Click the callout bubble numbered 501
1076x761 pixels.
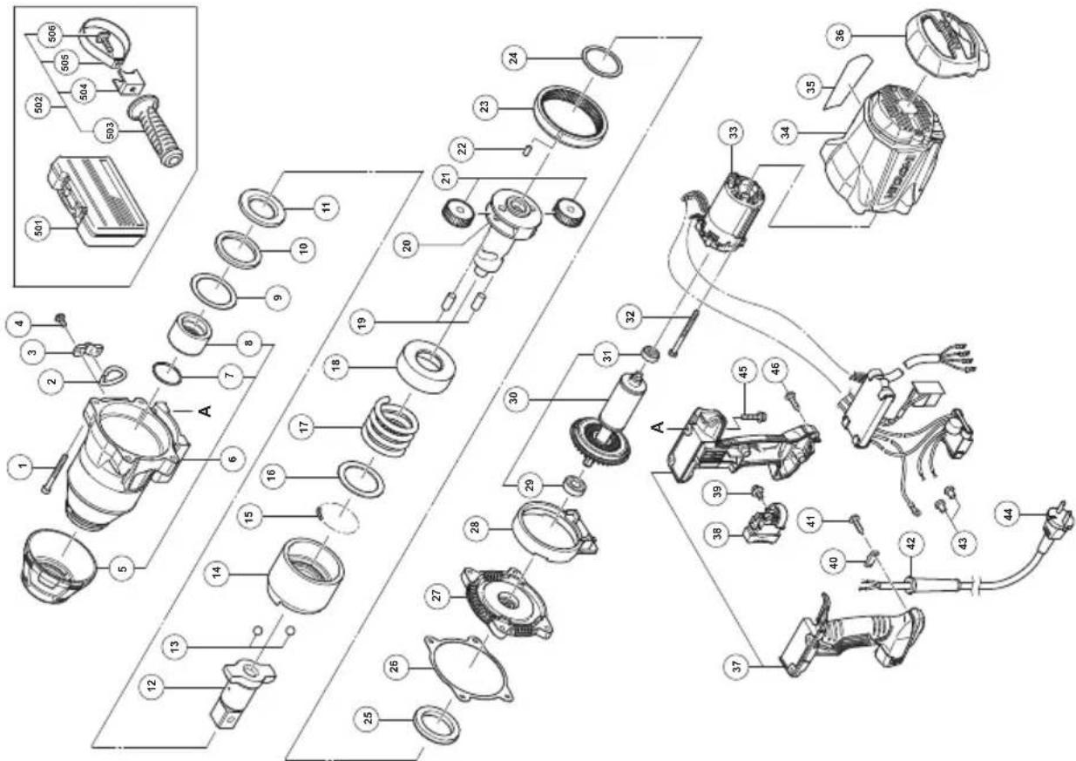tap(39, 228)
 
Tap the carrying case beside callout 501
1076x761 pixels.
tap(98, 202)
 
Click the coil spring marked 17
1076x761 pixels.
tap(390, 427)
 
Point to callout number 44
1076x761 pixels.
tap(1009, 514)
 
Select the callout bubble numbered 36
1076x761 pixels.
tap(840, 36)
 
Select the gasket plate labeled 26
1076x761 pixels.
tap(469, 669)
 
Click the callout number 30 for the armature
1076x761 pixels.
tap(513, 398)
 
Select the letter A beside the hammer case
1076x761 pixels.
tap(205, 411)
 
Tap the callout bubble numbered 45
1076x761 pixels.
tap(742, 371)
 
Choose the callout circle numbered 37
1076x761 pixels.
tap(737, 666)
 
